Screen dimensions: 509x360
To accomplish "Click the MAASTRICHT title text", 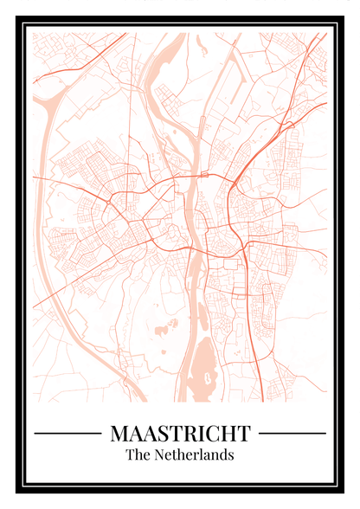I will [180, 432].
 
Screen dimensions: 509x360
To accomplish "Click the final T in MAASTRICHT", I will [243, 432].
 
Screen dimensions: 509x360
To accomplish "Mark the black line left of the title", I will [67, 432].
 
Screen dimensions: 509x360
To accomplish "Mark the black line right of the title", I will [292, 432].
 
